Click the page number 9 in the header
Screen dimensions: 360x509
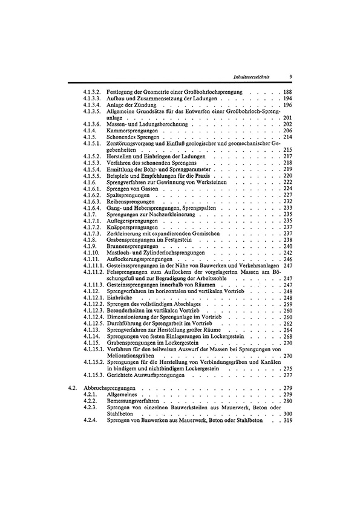click(x=291, y=76)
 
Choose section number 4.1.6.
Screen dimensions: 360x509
click(x=90, y=182)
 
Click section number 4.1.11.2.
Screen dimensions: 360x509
click(x=94, y=272)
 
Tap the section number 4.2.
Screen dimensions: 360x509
click(x=72, y=387)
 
